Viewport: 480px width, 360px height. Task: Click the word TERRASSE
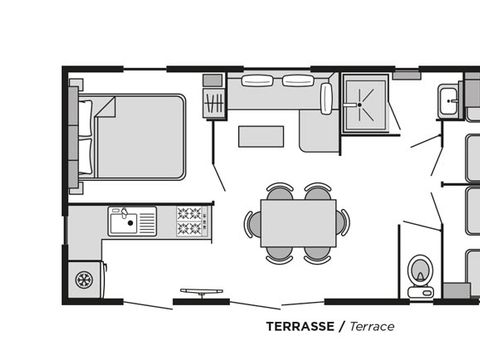click(x=299, y=326)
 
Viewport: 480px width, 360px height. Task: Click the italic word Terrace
click(x=367, y=326)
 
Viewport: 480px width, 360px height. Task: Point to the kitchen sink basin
click(x=122, y=220)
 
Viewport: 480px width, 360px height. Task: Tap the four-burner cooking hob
click(x=190, y=221)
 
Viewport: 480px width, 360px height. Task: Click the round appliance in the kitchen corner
click(x=85, y=278)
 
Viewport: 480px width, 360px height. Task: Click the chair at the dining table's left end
click(x=251, y=223)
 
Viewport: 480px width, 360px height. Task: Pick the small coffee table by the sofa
click(x=259, y=135)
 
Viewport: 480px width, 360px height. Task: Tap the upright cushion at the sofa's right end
click(x=326, y=97)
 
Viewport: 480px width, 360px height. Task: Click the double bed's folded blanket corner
click(x=104, y=107)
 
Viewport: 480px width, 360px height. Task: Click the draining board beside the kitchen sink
click(x=145, y=220)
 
